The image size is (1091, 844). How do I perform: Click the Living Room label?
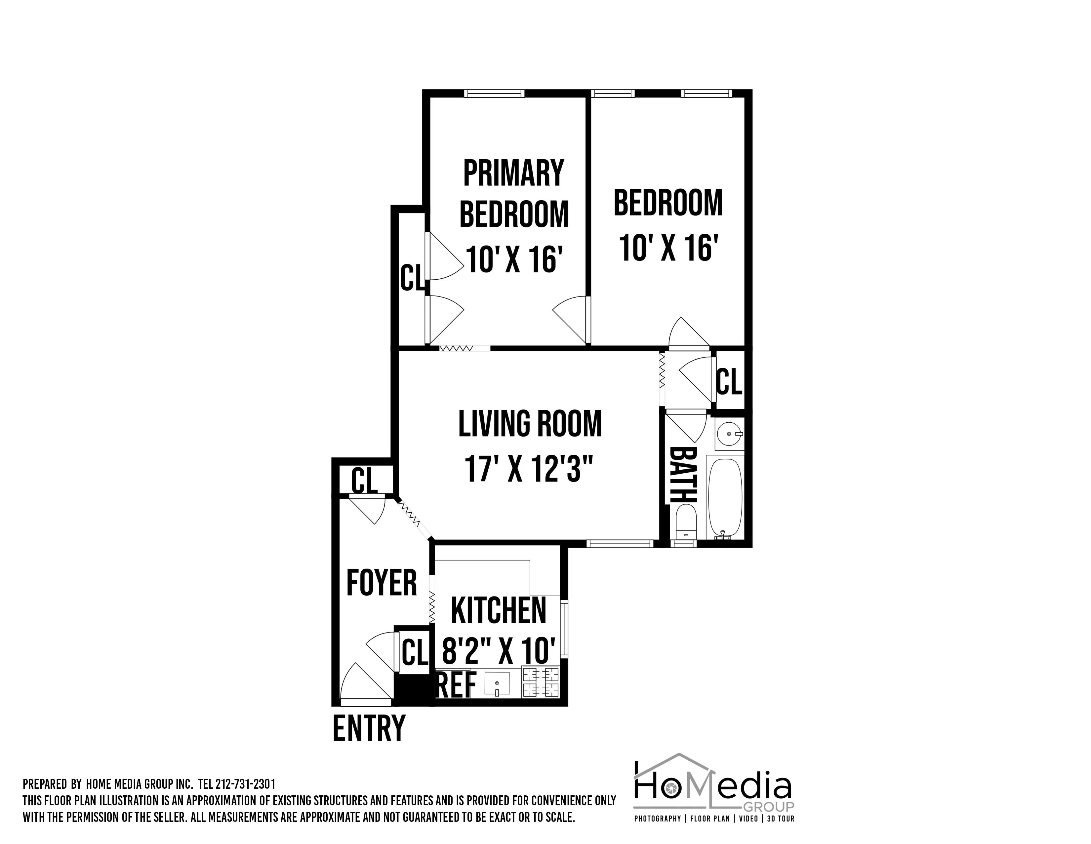(530, 424)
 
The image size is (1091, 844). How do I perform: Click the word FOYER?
(382, 583)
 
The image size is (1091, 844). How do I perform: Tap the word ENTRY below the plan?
(369, 728)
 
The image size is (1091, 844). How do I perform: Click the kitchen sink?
(497, 683)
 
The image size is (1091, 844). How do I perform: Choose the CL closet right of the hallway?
(729, 382)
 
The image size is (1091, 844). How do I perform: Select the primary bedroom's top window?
(494, 93)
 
